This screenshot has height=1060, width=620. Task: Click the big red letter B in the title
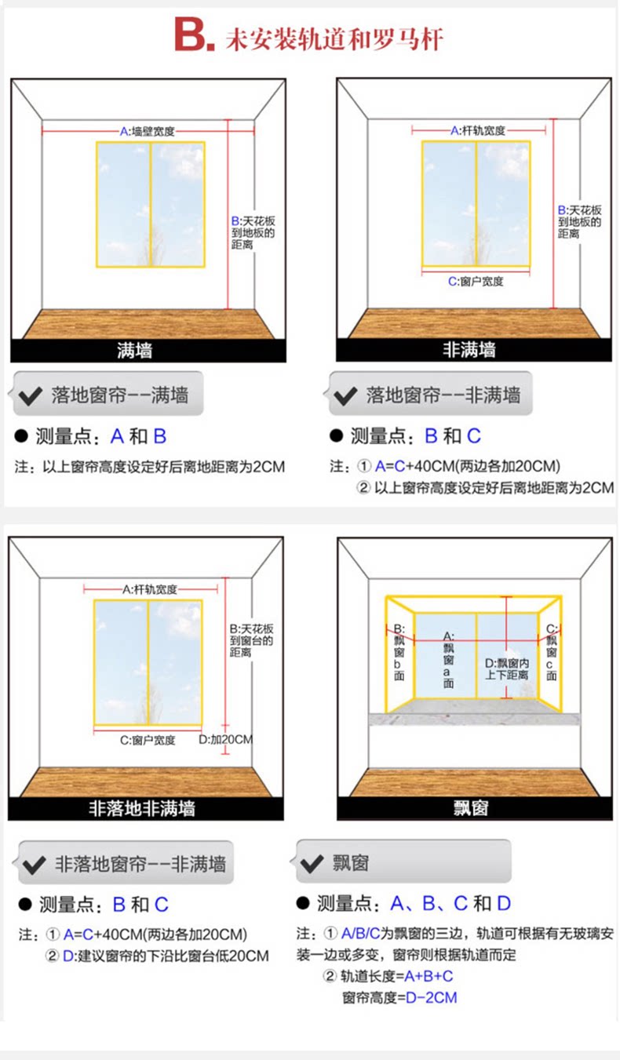[191, 37]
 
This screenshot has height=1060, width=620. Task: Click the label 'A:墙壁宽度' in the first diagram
[147, 131]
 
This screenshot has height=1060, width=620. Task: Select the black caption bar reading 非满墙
[469, 350]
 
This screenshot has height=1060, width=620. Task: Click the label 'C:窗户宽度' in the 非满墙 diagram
[476, 281]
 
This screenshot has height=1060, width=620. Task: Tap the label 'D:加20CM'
[225, 739]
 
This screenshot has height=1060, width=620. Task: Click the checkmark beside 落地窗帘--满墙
[31, 395]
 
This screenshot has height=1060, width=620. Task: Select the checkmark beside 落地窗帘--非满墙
[345, 395]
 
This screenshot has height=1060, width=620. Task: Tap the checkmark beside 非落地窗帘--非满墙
[34, 865]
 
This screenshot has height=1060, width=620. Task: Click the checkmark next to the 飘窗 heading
[312, 864]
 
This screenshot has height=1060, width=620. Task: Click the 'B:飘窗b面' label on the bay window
[399, 651]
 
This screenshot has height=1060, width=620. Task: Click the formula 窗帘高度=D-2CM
[399, 998]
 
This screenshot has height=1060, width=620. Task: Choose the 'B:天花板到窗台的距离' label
[252, 639]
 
